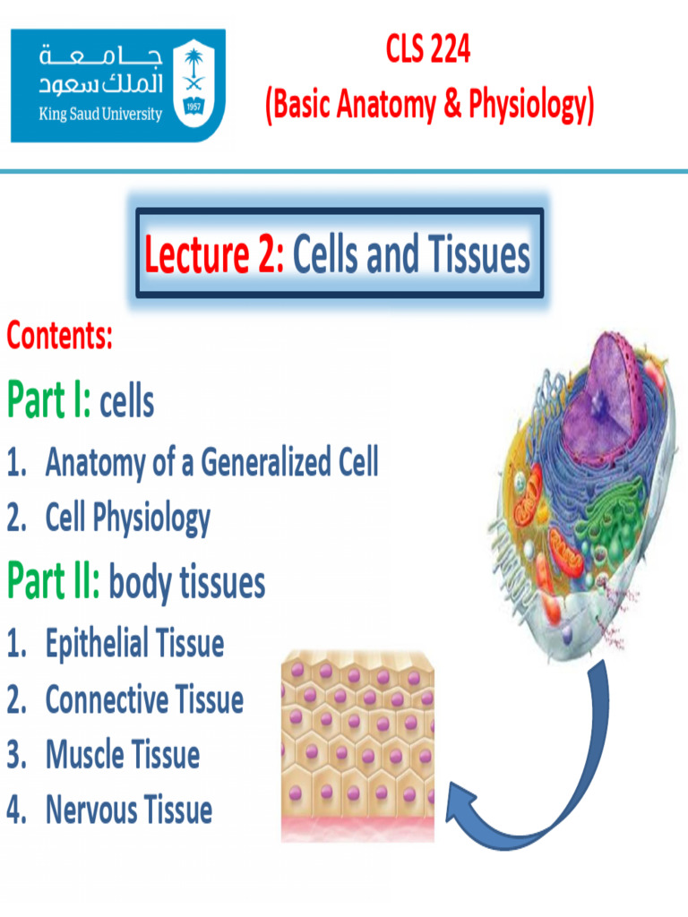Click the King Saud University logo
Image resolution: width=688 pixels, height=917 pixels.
click(117, 85)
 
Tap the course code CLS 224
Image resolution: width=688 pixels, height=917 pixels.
click(427, 51)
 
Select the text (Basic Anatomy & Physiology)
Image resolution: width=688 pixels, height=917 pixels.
click(429, 106)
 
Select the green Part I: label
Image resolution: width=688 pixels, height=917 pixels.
click(49, 400)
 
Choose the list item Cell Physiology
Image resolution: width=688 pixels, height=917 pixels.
click(128, 518)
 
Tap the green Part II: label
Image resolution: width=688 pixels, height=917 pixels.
click(54, 581)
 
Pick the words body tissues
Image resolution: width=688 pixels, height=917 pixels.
click(187, 583)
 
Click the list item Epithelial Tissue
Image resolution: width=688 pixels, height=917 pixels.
click(134, 644)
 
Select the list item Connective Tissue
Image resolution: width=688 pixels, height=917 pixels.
click(144, 699)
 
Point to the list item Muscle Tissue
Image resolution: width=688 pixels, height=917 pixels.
click(123, 755)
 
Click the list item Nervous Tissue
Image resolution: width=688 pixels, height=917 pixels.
click(129, 810)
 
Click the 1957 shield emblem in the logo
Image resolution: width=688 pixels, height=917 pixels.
click(193, 85)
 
